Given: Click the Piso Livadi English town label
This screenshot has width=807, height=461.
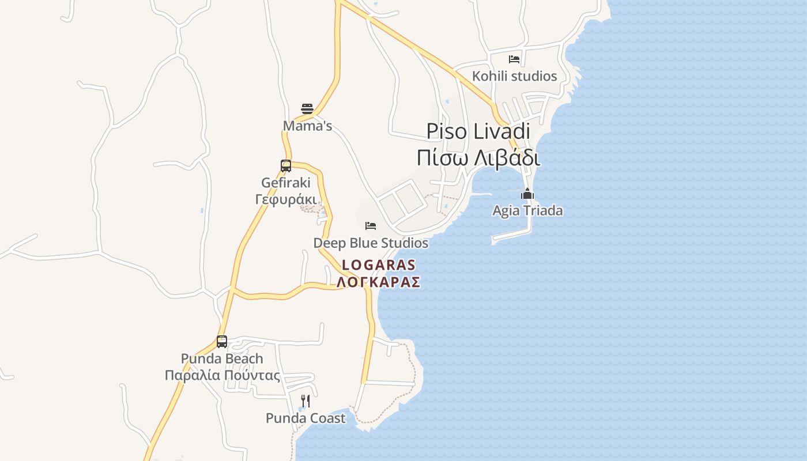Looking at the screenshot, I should [x=478, y=131].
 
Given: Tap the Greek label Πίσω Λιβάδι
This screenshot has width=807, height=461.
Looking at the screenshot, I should [x=478, y=157].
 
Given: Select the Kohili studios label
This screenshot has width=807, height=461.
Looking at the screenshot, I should [x=514, y=76].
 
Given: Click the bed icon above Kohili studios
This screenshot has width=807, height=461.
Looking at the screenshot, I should [x=514, y=59].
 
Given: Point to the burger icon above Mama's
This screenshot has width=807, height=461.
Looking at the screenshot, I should [x=307, y=108].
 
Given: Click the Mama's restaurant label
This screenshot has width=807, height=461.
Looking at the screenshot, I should [x=307, y=126].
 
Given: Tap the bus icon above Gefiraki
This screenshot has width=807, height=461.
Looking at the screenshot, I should [x=286, y=166].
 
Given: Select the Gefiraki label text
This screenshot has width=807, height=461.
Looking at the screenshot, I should [x=286, y=183].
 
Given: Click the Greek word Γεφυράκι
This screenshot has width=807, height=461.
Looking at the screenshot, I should [x=286, y=199].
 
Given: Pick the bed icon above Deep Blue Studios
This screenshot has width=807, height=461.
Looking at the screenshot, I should [x=371, y=225].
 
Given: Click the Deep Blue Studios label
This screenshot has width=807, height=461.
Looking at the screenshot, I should [x=371, y=243].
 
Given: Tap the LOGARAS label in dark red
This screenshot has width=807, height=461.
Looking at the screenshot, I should [x=379, y=265].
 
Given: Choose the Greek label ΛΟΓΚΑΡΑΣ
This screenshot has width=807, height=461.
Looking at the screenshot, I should [x=379, y=282].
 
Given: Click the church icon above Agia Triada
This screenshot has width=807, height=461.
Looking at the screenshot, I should [x=527, y=194].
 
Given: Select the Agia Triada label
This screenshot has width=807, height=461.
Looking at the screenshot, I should [x=527, y=211].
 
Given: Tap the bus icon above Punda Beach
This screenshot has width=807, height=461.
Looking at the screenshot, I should [x=222, y=341].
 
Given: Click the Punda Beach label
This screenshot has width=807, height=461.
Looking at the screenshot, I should [x=222, y=358].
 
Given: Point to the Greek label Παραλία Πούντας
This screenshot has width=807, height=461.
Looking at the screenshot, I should [x=222, y=376].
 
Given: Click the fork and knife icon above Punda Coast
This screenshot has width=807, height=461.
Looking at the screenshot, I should [x=306, y=401].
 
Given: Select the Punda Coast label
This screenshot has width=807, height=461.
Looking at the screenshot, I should [x=306, y=418].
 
